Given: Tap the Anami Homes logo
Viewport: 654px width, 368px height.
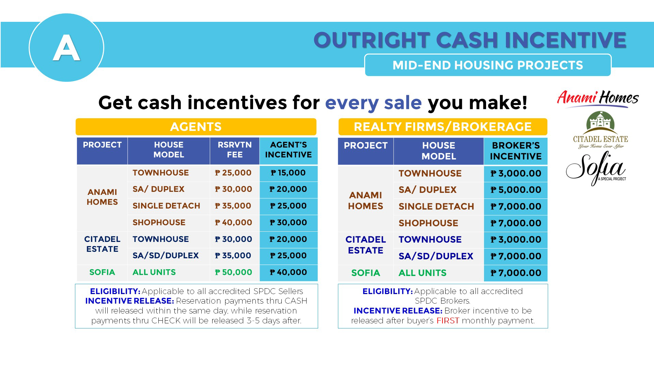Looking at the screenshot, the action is point(598,98).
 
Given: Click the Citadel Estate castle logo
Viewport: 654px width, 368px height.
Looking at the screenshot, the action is point(601,130).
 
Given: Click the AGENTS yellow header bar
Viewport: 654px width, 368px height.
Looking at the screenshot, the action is point(196,127).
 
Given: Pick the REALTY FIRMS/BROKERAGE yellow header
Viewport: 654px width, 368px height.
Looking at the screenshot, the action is point(443,127).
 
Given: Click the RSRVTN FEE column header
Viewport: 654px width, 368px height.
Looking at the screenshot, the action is point(235,150).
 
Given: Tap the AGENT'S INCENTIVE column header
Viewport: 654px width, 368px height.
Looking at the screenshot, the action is point(289,150).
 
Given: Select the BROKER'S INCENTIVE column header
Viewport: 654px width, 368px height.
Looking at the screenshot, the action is point(516,151).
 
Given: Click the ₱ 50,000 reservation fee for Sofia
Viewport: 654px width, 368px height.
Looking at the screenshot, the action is point(234,272).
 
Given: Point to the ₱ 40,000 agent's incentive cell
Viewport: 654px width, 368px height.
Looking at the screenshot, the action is point(289,272).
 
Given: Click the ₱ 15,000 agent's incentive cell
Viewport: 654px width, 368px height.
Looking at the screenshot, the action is point(289,173).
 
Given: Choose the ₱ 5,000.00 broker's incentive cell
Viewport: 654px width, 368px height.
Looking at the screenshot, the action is point(516,190).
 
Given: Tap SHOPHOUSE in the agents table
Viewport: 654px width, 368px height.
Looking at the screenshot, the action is point(159,223).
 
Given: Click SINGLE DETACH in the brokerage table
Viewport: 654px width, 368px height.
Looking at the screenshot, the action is point(436,206).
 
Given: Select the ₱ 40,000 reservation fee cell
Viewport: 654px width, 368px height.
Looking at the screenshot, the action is point(234,223).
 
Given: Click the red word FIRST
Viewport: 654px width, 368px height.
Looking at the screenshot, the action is point(448,321).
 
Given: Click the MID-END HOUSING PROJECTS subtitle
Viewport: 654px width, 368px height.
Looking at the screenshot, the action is point(488,65).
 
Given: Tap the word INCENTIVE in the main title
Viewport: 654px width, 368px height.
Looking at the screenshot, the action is point(565,40).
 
